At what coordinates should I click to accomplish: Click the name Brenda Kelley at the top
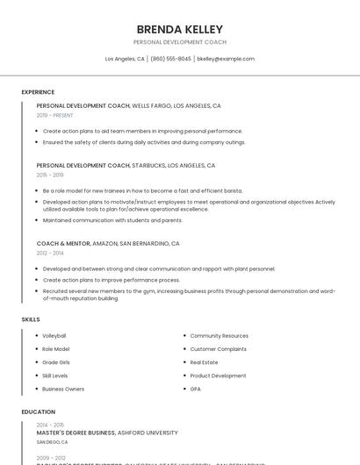(179, 29)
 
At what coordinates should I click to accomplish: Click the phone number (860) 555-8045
(170, 59)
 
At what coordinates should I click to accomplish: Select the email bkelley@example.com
(226, 59)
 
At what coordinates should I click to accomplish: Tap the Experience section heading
(38, 92)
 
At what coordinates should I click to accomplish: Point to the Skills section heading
(31, 319)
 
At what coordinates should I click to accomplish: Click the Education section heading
(38, 411)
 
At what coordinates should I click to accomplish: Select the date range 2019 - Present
(55, 115)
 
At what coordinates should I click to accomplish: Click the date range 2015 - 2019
(49, 175)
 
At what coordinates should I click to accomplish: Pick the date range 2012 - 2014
(49, 253)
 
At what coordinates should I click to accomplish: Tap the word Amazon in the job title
(104, 243)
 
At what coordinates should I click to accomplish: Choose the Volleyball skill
(54, 336)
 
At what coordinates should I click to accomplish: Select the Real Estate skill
(204, 362)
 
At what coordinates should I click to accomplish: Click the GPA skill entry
(196, 389)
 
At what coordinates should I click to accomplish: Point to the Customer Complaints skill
(219, 349)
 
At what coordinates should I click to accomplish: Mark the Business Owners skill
(63, 389)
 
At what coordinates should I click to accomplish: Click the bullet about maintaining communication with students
(112, 220)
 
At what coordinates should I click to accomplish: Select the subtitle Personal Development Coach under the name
(179, 42)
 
